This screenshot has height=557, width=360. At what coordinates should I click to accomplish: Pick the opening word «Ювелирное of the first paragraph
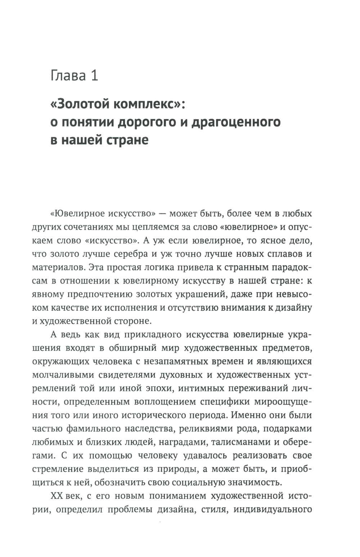click(76, 214)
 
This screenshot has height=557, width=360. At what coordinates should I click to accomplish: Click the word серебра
click(130, 254)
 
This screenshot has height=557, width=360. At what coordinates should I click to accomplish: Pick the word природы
click(207, 469)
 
